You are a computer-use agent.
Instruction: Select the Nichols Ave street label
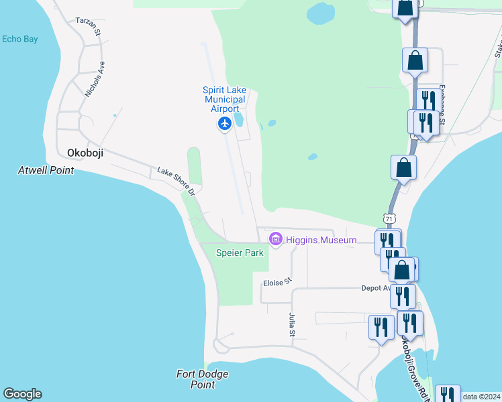(x=95, y=80)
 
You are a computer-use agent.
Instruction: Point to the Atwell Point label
(x=46, y=170)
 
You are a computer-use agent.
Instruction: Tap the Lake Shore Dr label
(x=176, y=182)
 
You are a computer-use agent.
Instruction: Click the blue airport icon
(x=224, y=124)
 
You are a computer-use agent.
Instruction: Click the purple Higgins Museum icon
(x=275, y=239)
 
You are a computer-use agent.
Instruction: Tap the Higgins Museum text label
(x=321, y=240)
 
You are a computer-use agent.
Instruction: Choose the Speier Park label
(x=240, y=253)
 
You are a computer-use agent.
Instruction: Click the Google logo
(x=22, y=394)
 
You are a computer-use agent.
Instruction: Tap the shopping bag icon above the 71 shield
(x=403, y=167)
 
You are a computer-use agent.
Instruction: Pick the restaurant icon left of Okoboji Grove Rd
(x=381, y=328)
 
